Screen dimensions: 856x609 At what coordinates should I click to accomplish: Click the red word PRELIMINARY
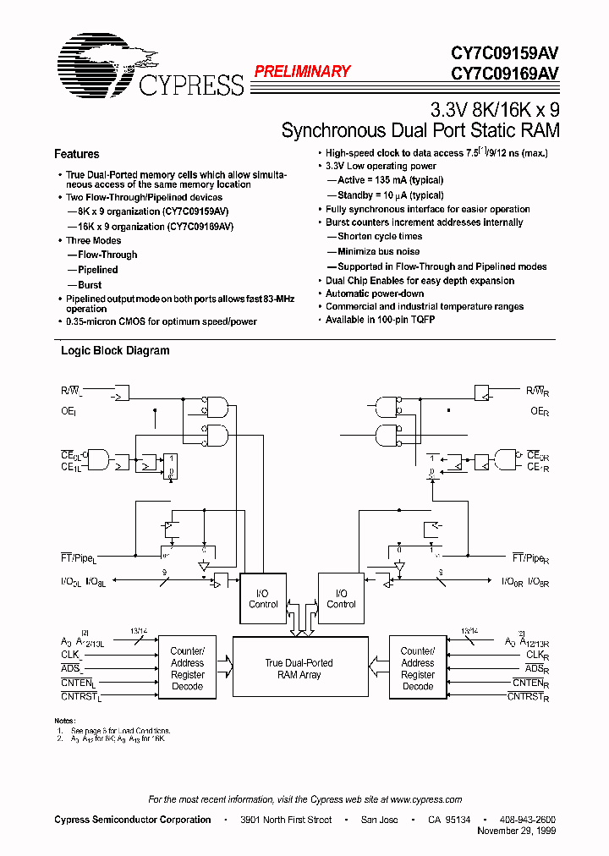pyautogui.click(x=302, y=72)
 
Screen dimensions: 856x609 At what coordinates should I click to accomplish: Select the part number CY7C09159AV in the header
pyautogui.click(x=498, y=52)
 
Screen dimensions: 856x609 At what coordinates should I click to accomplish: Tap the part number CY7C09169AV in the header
pyautogui.click(x=498, y=73)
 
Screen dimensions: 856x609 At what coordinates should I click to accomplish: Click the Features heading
pyautogui.click(x=76, y=154)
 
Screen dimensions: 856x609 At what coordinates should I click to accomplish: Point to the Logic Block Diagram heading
pyautogui.click(x=115, y=350)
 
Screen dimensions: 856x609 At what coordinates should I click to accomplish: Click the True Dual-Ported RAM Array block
pyautogui.click(x=299, y=669)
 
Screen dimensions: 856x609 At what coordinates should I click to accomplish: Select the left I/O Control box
pyautogui.click(x=263, y=599)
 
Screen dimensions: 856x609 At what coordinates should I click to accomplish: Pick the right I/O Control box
pyautogui.click(x=341, y=599)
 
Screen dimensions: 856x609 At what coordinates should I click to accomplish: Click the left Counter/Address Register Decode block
pyautogui.click(x=187, y=668)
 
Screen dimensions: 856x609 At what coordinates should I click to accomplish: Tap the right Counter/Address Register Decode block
pyautogui.click(x=417, y=668)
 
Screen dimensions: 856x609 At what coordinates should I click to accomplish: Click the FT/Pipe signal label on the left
pyautogui.click(x=79, y=557)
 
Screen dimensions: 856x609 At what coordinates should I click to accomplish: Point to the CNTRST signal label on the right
pyautogui.click(x=528, y=697)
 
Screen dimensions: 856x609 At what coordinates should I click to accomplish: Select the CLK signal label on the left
pyautogui.click(x=70, y=655)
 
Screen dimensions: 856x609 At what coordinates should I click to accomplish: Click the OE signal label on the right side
pyautogui.click(x=539, y=411)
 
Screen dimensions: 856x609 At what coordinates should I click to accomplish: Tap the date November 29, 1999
pyautogui.click(x=517, y=831)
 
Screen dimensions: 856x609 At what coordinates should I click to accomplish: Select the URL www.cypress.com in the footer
pyautogui.click(x=426, y=799)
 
